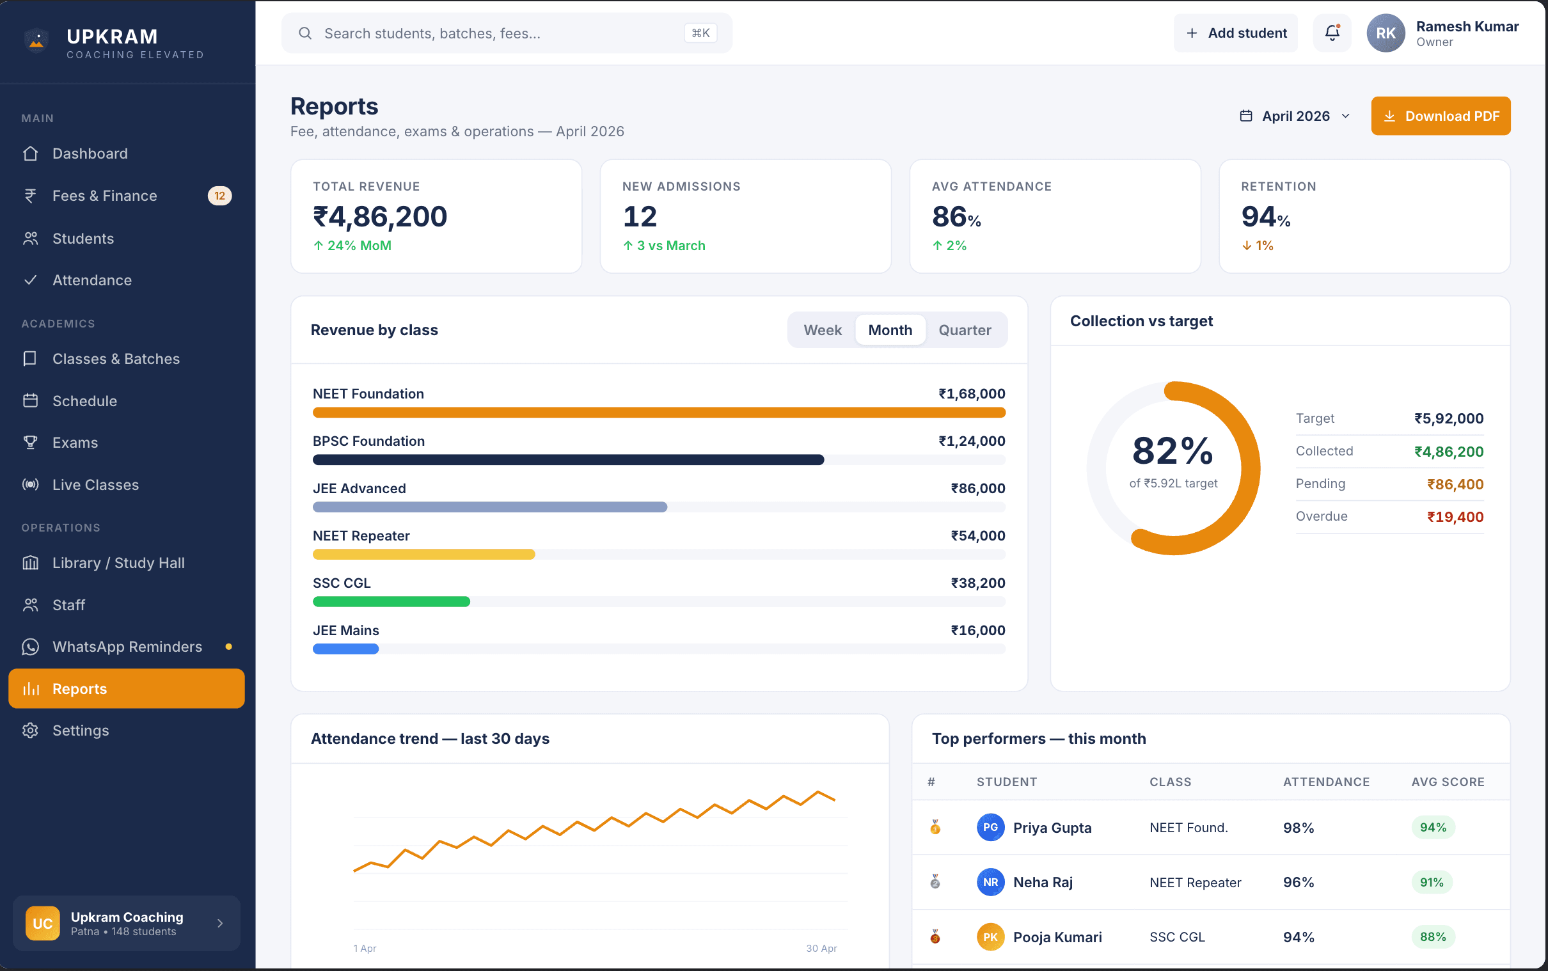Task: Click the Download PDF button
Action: coord(1440,116)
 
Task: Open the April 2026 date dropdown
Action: coord(1295,116)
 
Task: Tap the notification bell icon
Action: coord(1332,33)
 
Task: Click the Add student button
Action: coord(1235,33)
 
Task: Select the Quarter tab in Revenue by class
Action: coord(965,330)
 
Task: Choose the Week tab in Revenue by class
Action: coord(822,330)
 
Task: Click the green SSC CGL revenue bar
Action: coord(391,602)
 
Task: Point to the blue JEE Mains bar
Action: coord(345,649)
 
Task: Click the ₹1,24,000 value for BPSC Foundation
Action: coord(971,441)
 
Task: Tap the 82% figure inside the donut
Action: coord(1173,451)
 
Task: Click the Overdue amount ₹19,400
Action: coord(1454,517)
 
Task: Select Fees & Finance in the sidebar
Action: coord(105,196)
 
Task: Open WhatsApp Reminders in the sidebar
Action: coord(127,647)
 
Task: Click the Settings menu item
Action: coord(80,731)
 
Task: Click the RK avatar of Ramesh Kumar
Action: coord(1385,33)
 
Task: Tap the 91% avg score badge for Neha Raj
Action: coord(1431,882)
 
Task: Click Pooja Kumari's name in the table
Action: coord(1057,937)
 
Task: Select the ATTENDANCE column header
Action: coord(1326,782)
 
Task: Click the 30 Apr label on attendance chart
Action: coord(821,949)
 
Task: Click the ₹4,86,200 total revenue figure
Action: coord(379,217)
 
